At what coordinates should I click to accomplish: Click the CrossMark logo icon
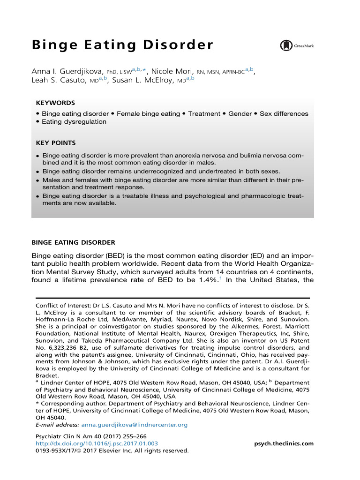coord(285,45)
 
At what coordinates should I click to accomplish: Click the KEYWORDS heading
coord(55,103)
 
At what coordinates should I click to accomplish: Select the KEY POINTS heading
coord(55,142)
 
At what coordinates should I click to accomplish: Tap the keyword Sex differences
coord(284,114)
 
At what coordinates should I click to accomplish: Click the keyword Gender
coord(240,114)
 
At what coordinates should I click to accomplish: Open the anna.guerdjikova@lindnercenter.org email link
coord(135,425)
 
